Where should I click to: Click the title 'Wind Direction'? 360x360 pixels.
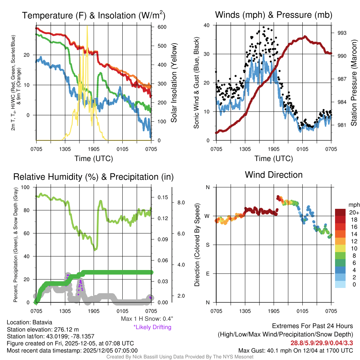point(274,175)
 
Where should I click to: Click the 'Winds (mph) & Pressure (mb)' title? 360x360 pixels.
point(274,15)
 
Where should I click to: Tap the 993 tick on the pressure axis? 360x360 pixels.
point(342,33)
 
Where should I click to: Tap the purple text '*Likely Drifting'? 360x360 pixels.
point(152,327)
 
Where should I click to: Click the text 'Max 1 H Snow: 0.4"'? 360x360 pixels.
point(147,319)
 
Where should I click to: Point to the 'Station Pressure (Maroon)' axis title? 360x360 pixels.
point(354,82)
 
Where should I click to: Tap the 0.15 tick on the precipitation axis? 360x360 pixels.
point(162,198)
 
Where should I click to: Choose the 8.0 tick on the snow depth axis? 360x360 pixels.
point(181,202)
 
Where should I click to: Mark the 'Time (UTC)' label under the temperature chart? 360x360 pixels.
point(94,159)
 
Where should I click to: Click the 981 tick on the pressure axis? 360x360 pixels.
point(342,125)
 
